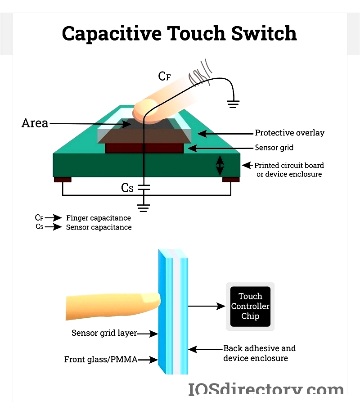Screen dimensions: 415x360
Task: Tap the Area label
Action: pos(35,123)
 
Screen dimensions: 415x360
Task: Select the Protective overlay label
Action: pos(289,133)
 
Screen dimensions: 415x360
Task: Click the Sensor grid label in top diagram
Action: pos(275,148)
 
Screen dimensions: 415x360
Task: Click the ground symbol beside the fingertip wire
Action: pos(233,105)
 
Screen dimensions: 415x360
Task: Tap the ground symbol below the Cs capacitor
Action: pos(143,207)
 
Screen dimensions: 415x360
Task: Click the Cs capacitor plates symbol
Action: pos(143,188)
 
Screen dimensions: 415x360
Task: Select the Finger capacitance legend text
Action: pos(99,218)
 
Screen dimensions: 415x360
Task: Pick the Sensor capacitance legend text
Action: pos(99,227)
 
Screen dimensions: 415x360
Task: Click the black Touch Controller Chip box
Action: pos(250,306)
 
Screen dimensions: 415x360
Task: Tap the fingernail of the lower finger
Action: pos(150,298)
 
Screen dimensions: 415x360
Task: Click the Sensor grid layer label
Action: pos(104,334)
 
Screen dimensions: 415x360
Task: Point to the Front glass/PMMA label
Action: pos(100,360)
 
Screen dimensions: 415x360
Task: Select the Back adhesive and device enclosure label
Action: pos(260,353)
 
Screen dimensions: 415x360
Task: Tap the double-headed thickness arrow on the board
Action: pos(220,165)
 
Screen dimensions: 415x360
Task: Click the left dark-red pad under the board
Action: pos(63,180)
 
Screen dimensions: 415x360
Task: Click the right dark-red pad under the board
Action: pos(231,180)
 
